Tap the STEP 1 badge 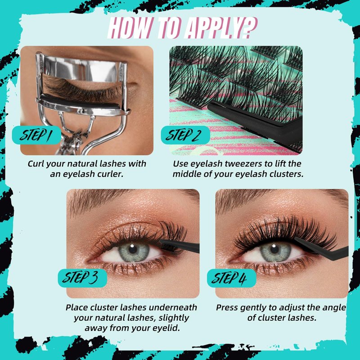point(37,135)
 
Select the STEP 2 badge point(185,135)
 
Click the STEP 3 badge point(82,278)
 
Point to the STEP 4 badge point(231,278)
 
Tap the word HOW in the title point(129,28)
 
